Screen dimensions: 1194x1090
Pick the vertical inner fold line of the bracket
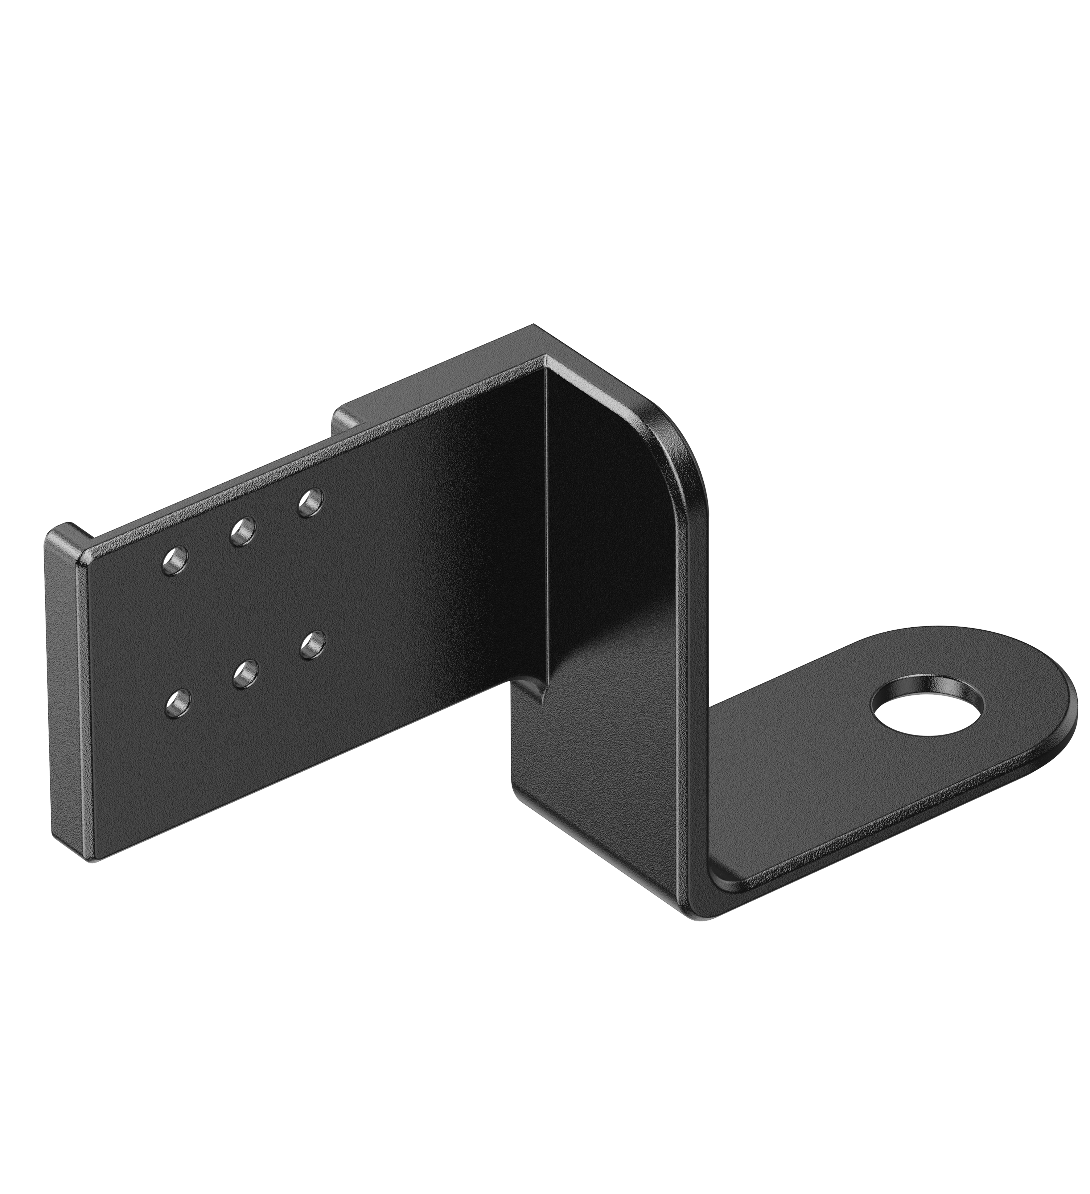(545, 533)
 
